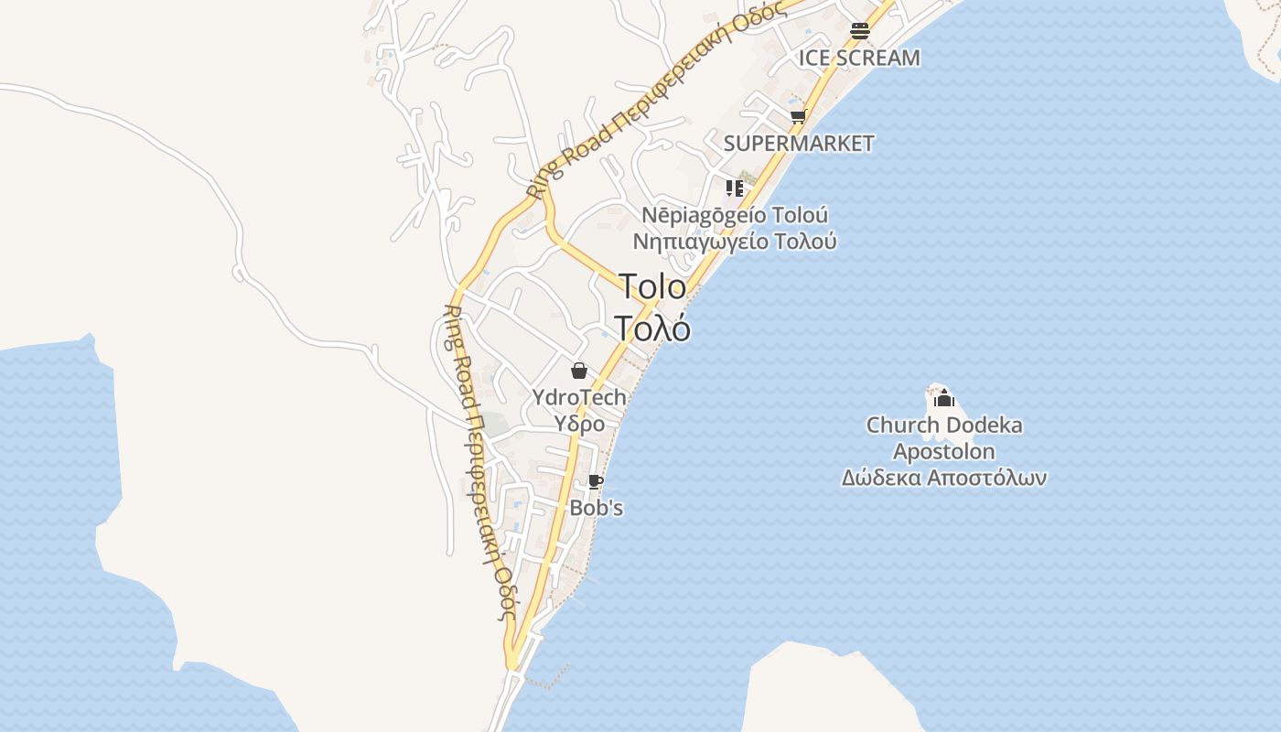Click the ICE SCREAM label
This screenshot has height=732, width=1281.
coord(859,58)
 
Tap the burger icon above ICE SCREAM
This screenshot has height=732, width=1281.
coord(859,30)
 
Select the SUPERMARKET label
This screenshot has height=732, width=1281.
coord(799,144)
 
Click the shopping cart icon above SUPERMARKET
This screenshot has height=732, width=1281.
coord(798,117)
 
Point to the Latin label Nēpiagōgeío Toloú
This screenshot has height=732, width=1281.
coord(735,216)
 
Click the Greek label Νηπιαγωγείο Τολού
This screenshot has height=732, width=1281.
coord(735,242)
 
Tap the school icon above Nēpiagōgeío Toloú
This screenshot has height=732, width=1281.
coord(734,188)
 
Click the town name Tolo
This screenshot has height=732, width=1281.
coord(652,286)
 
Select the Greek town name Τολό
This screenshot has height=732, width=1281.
coord(652,327)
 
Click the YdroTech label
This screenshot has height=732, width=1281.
coord(580,397)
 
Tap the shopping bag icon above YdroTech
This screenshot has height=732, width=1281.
coord(578,371)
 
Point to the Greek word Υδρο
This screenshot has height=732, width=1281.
coord(580,424)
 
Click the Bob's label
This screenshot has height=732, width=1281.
coord(597,508)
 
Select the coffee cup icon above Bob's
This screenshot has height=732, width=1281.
coord(596,482)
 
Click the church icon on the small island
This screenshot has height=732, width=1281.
coord(943,399)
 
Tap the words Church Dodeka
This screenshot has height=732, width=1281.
coord(944,425)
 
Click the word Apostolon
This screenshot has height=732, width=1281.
coord(944,451)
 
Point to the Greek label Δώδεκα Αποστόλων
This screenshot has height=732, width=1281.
coord(944,478)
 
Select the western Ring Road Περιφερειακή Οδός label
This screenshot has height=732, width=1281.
coord(479,462)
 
